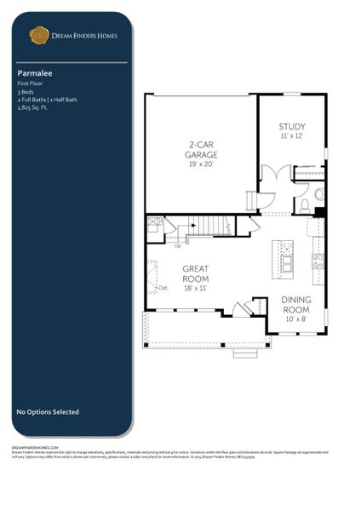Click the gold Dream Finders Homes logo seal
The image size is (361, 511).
pyautogui.click(x=38, y=35)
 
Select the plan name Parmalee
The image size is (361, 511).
pyautogui.click(x=32, y=73)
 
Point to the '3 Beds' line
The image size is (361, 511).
pyautogui.click(x=25, y=92)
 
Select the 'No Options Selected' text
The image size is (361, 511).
pyautogui.click(x=48, y=412)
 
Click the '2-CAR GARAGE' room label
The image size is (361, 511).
pyautogui.click(x=202, y=150)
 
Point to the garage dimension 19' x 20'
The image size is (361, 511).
pyautogui.click(x=202, y=164)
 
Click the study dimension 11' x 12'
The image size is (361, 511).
pyautogui.click(x=291, y=135)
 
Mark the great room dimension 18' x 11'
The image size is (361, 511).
pyautogui.click(x=195, y=289)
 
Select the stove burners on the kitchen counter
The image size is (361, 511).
pyautogui.click(x=317, y=261)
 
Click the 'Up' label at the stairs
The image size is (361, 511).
pyautogui.click(x=177, y=246)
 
